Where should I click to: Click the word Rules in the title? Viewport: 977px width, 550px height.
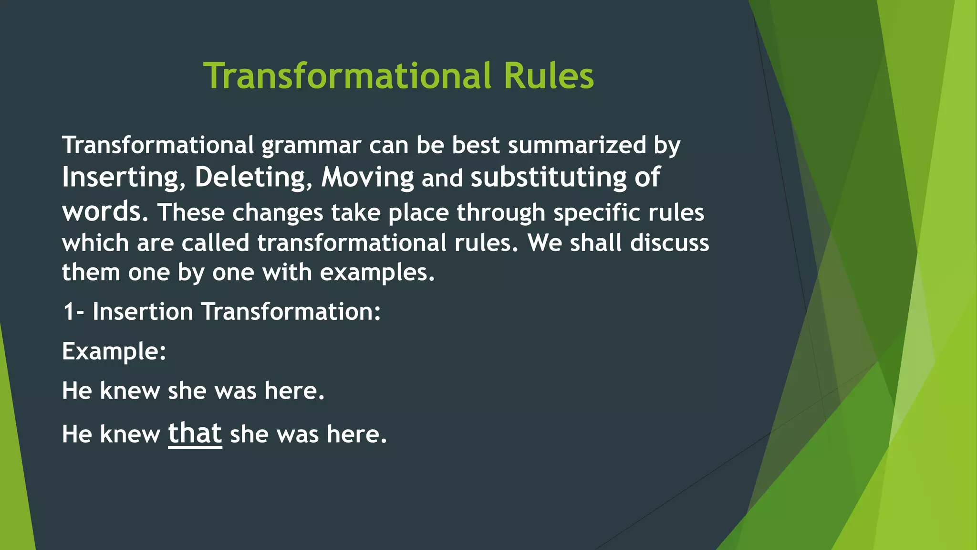click(x=549, y=76)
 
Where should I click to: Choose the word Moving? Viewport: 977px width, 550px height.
click(x=367, y=178)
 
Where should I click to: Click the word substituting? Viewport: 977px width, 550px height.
click(x=548, y=178)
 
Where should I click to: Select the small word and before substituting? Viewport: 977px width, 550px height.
click(x=442, y=179)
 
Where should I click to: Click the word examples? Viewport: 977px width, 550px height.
click(x=376, y=273)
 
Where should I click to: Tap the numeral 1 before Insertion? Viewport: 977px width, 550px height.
click(x=69, y=312)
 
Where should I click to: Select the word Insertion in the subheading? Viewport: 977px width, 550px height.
click(x=143, y=312)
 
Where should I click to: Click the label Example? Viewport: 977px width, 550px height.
click(x=114, y=352)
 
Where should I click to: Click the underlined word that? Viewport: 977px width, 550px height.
click(x=195, y=434)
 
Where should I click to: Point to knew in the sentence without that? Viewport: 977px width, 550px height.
click(x=130, y=391)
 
